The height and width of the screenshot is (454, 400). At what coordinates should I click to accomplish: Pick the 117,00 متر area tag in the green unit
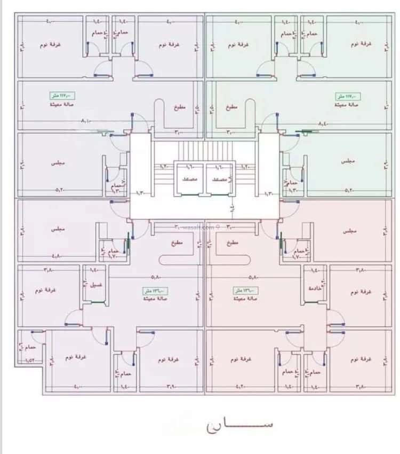pyautogui.click(x=348, y=97)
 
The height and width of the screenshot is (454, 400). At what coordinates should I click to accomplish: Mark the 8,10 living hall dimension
pyautogui.click(x=86, y=122)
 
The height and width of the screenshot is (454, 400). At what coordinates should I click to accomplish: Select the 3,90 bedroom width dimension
pyautogui.click(x=171, y=386)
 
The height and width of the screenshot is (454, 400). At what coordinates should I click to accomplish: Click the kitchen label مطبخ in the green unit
pyautogui.click(x=230, y=107)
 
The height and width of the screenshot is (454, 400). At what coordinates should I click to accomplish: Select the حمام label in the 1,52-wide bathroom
pyautogui.click(x=30, y=348)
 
